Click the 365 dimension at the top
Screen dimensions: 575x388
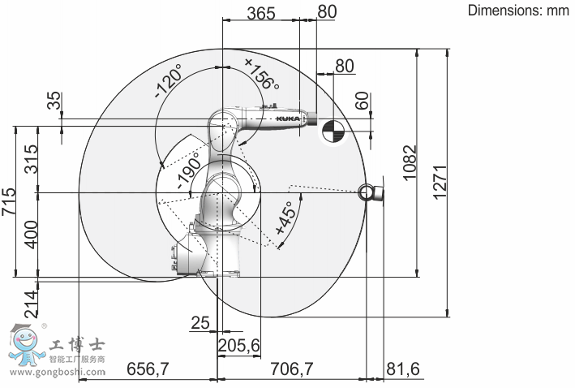[261, 13]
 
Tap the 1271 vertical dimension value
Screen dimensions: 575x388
[440, 183]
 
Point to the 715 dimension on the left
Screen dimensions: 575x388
[8, 201]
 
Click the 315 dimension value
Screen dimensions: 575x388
[31, 159]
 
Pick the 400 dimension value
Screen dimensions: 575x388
[31, 235]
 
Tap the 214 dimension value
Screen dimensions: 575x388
[31, 304]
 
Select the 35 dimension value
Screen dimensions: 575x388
[54, 101]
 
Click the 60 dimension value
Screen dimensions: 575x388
[362, 101]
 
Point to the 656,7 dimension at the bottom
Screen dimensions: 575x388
[148, 369]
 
